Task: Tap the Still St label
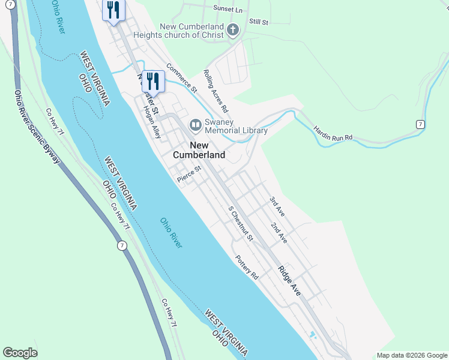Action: [x=258, y=22]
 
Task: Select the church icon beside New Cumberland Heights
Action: [x=234, y=30]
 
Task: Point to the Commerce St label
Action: [x=181, y=78]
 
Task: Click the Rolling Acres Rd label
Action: [x=215, y=91]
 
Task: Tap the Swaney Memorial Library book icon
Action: [x=195, y=125]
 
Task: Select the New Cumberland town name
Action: [x=199, y=150]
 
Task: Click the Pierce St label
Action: [x=188, y=178]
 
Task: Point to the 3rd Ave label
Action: [x=277, y=204]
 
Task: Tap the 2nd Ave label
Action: [x=279, y=232]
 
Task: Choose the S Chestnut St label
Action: [x=241, y=224]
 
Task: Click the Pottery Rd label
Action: [x=247, y=268]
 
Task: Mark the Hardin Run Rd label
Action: [x=332, y=134]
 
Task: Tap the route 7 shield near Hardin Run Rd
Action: [x=421, y=124]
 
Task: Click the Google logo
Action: [x=20, y=353]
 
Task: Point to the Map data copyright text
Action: [x=411, y=355]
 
